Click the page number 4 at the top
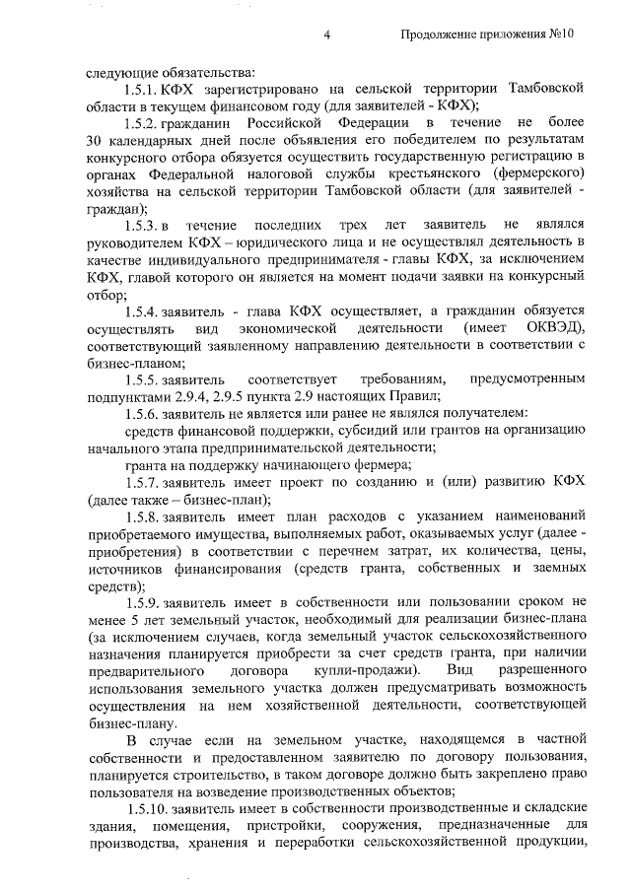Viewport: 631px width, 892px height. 325,34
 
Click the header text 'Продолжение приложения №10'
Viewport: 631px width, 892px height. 487,34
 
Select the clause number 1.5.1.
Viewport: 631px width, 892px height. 142,89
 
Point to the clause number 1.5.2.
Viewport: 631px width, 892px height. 142,122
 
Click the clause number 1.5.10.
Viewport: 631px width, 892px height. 145,808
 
